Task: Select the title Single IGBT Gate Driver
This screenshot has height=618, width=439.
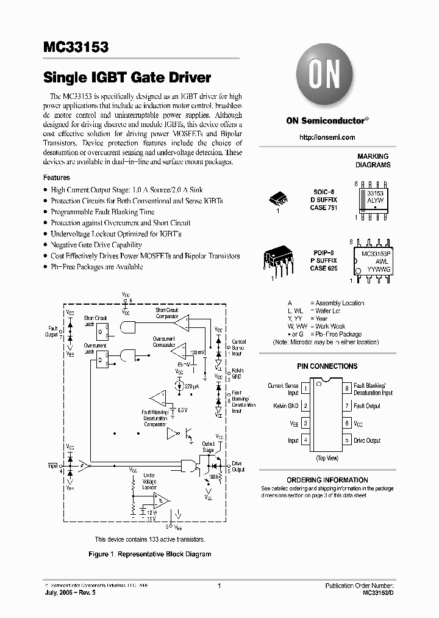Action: [127, 78]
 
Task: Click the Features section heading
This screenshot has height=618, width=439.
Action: [56, 178]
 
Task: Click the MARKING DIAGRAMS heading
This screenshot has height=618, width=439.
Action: [373, 161]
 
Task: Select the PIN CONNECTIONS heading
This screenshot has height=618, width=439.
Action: [327, 366]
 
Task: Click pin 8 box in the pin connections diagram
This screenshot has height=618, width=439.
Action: [346, 388]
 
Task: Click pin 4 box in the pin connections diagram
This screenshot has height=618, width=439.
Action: [305, 440]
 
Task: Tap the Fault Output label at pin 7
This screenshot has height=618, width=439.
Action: [367, 405]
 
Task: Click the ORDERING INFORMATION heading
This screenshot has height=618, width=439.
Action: [327, 480]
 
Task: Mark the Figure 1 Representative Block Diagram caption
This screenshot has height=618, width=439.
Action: [151, 554]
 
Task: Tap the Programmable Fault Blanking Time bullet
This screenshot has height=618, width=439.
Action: [102, 212]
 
